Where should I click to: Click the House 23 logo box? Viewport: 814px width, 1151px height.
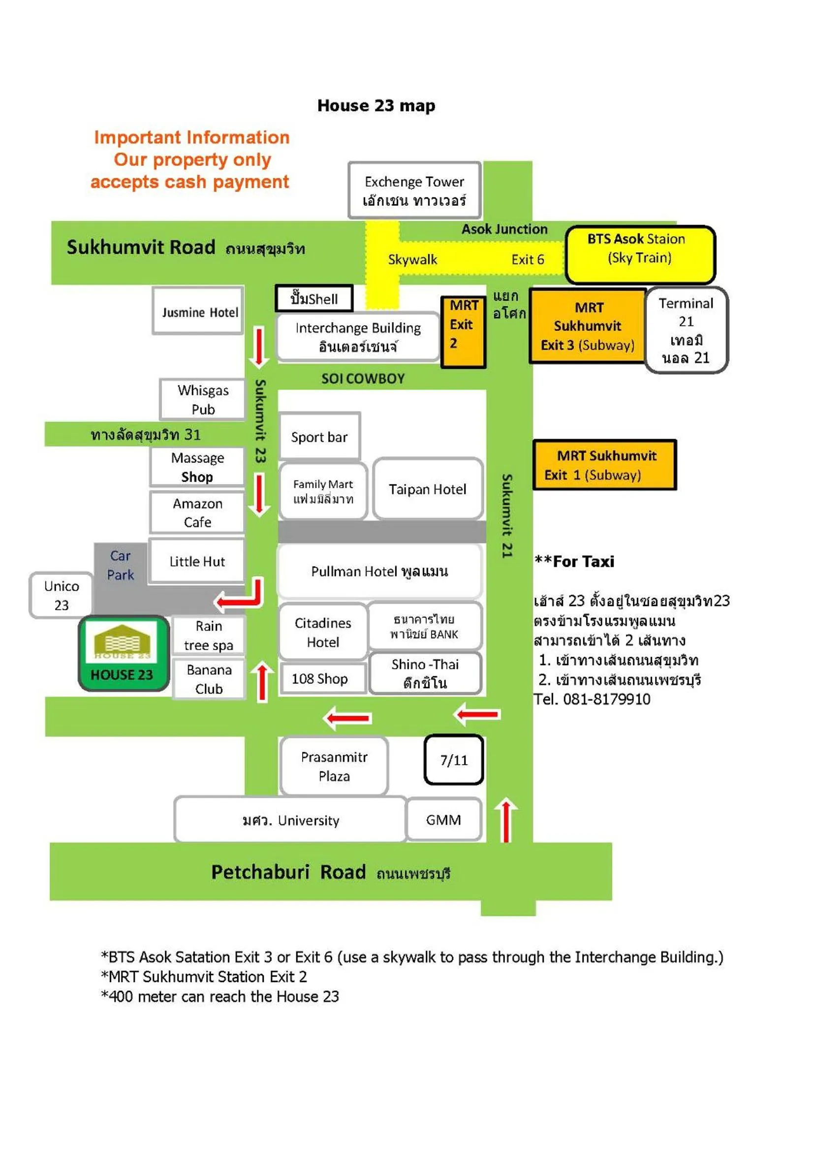(124, 653)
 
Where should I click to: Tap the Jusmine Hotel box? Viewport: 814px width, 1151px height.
(198, 311)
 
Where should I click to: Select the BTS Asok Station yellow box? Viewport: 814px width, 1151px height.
(640, 254)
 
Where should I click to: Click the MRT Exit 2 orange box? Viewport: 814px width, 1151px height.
(463, 331)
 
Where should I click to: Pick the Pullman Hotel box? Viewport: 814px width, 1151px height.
(379, 571)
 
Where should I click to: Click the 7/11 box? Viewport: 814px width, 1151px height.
(454, 760)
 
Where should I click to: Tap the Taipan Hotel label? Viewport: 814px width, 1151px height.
(428, 489)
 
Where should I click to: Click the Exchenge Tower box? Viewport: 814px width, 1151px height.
(414, 190)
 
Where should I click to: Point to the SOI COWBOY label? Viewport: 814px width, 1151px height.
(363, 379)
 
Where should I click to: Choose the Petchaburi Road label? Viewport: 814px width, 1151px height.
(288, 872)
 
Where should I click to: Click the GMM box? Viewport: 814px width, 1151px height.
(443, 820)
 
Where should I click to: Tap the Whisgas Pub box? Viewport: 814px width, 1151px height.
(202, 400)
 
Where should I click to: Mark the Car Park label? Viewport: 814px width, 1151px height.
(120, 565)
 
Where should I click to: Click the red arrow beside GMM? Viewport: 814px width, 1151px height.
(506, 820)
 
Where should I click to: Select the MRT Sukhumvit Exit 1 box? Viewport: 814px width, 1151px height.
(604, 465)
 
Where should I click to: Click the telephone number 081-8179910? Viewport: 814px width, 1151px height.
(606, 699)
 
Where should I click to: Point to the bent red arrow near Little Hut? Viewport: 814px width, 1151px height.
(241, 595)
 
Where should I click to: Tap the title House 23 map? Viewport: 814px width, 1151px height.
(376, 105)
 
